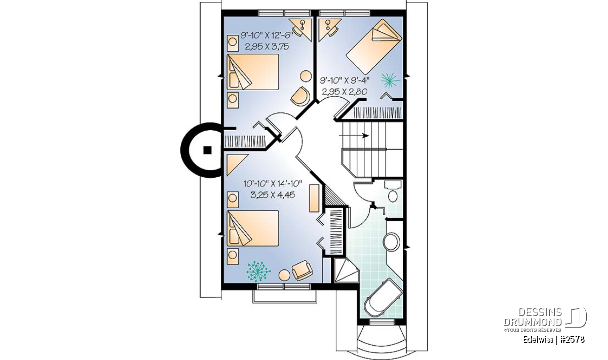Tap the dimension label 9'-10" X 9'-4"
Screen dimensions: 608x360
345,81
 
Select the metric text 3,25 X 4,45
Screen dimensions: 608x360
273,195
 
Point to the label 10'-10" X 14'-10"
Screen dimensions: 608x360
273,184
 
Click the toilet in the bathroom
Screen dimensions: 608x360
393,192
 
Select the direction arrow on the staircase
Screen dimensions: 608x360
354,135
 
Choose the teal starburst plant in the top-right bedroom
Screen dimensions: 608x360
390,81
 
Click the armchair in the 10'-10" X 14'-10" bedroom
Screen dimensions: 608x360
302,270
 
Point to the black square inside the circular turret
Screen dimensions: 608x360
208,150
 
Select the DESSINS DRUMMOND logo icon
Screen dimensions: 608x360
576,317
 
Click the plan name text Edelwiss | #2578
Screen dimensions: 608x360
554,340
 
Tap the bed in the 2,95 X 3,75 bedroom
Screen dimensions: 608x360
253,71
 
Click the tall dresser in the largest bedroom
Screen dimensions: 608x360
314,198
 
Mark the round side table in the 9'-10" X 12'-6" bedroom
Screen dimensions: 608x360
306,75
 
